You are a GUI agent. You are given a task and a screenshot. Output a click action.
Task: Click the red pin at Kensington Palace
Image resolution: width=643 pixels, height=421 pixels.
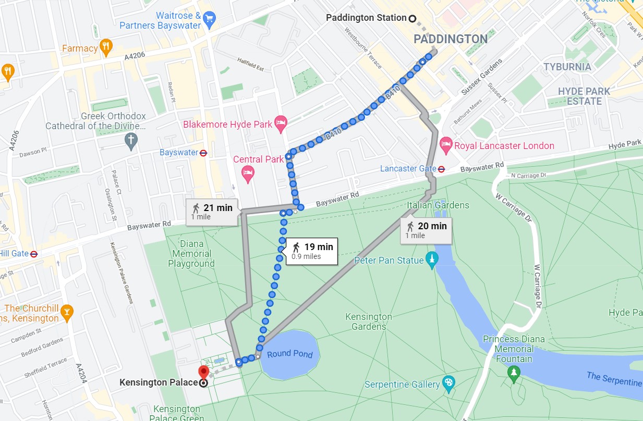(203, 372)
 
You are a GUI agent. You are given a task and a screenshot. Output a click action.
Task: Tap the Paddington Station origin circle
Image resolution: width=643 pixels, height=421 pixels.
(413, 18)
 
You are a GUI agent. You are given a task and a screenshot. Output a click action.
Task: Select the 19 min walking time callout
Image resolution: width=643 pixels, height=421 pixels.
(311, 251)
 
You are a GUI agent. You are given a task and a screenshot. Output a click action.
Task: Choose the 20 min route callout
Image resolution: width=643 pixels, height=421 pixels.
(427, 230)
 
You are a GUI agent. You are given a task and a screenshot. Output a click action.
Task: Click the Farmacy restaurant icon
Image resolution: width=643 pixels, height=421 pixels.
(106, 47)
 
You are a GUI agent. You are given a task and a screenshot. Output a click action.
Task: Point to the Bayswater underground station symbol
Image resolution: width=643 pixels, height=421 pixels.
(204, 153)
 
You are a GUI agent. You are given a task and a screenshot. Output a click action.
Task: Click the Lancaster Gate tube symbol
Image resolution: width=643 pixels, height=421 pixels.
(441, 169)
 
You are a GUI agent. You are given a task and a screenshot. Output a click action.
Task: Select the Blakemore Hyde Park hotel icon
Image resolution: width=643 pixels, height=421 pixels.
(281, 123)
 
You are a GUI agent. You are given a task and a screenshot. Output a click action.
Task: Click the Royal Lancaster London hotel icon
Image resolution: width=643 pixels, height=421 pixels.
(446, 145)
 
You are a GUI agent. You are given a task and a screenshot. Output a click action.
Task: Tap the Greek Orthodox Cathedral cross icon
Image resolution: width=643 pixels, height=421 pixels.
(131, 140)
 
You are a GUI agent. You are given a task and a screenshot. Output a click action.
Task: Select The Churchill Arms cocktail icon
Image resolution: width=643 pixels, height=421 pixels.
(66, 312)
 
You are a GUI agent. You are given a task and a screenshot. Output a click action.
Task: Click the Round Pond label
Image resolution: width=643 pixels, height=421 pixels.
(289, 354)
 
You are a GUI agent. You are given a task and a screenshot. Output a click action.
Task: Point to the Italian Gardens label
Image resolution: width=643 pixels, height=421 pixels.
(431, 205)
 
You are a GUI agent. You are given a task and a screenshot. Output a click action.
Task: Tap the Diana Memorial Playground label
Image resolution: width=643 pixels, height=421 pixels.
(191, 254)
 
